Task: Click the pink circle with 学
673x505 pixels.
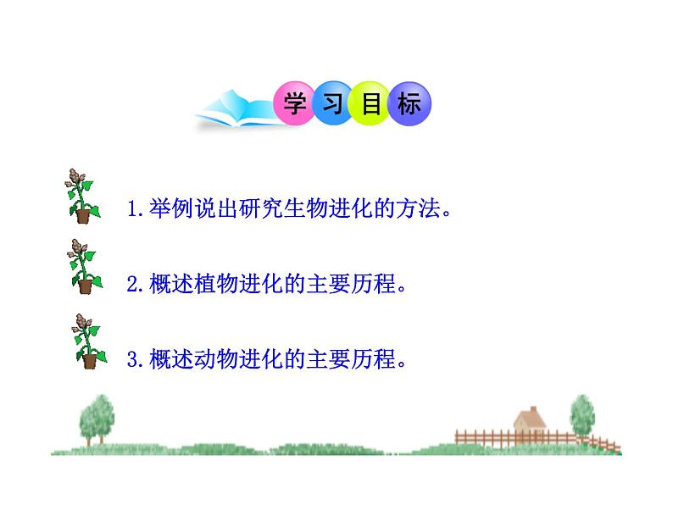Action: click(293, 104)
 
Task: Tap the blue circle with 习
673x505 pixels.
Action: click(332, 104)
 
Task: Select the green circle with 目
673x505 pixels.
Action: click(371, 104)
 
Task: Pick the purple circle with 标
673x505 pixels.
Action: click(410, 104)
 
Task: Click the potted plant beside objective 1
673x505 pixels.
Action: click(81, 197)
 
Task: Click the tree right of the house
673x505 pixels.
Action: click(582, 415)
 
